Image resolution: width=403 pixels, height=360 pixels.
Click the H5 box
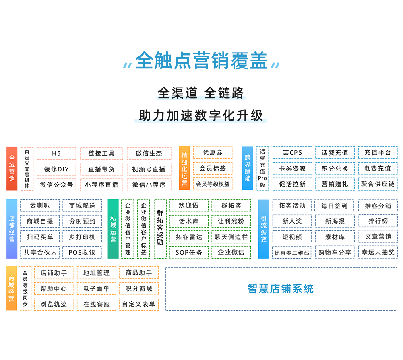point(56,153)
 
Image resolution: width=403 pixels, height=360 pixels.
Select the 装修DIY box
point(56,169)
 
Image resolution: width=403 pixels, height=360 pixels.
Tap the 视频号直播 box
point(149,169)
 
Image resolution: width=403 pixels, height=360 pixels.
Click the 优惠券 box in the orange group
point(213,152)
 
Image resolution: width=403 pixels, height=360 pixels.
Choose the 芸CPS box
point(292,153)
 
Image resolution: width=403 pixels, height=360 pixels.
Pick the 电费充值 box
point(378,169)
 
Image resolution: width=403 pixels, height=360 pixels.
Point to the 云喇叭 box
point(40,206)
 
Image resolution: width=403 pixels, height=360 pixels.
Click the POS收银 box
point(82,253)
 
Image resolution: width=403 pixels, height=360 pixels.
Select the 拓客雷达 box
point(189,237)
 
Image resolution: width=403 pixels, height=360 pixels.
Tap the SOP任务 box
point(189,253)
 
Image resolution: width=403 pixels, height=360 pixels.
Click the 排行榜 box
point(378,221)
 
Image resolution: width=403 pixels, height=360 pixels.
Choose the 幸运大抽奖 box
point(378,252)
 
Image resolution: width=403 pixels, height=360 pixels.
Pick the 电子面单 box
point(96,289)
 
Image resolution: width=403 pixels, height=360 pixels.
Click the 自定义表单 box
point(139,304)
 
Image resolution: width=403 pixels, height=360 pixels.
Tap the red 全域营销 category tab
point(12,169)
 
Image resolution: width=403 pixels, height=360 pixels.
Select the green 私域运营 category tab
point(113,228)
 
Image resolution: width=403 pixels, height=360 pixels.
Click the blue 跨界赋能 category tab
point(248,168)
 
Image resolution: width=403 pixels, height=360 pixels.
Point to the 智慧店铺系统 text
point(281,289)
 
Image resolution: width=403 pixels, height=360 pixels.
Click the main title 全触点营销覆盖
point(201,61)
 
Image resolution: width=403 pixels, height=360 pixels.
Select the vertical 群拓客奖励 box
point(160,228)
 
